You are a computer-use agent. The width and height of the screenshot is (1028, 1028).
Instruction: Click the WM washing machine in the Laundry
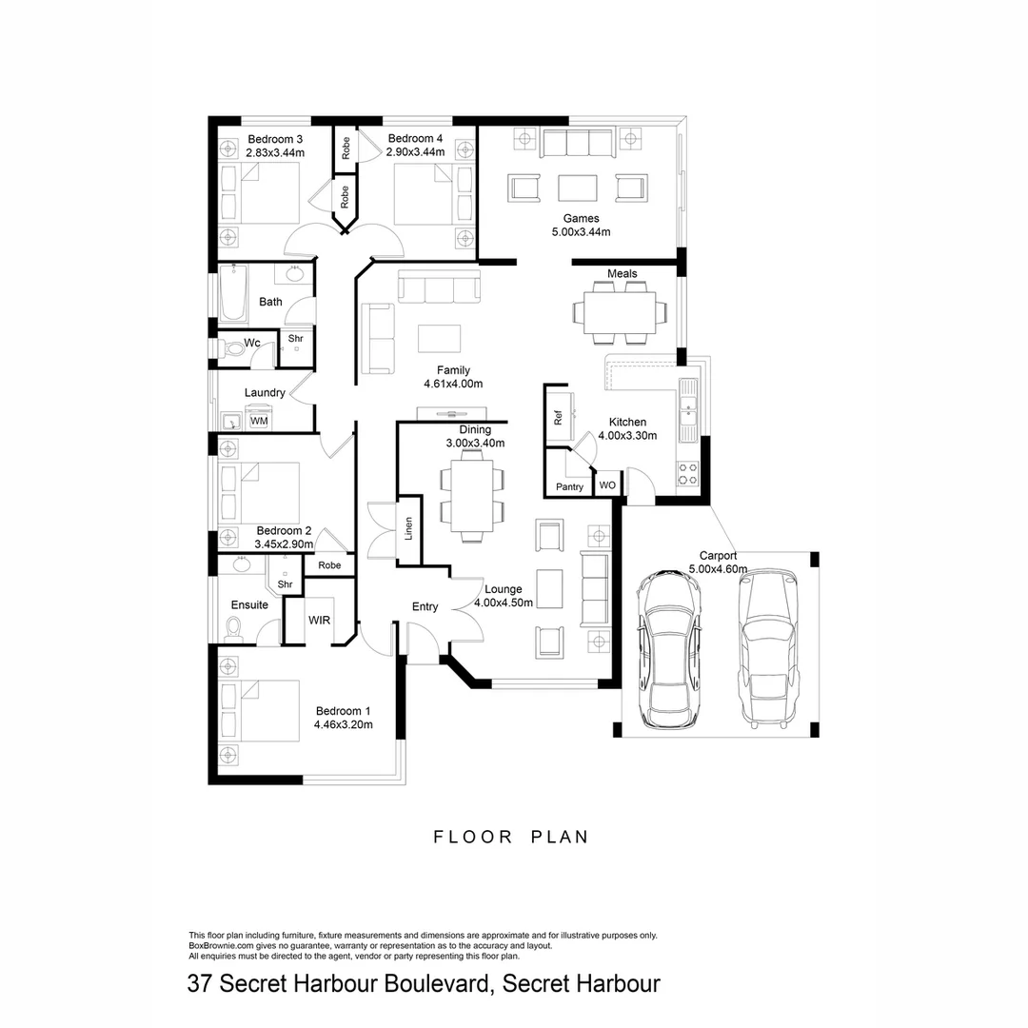coord(259,420)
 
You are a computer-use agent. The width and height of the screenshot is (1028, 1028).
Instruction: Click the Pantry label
coord(569,487)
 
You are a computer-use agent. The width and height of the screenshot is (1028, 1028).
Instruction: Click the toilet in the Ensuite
coord(234,628)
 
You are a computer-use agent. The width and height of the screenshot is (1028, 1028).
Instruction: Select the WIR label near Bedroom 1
coord(319,620)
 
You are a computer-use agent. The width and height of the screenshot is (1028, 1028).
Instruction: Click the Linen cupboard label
coord(409,528)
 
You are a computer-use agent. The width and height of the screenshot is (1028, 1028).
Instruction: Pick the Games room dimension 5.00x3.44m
coord(581,231)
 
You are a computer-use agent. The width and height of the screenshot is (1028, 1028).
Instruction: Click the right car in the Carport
coord(767,647)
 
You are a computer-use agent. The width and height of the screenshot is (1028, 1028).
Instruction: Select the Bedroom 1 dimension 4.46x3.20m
coord(343,724)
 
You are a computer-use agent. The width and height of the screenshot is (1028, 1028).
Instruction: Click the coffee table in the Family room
coord(439,339)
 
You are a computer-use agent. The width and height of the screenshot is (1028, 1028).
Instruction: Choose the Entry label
coord(425,606)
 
